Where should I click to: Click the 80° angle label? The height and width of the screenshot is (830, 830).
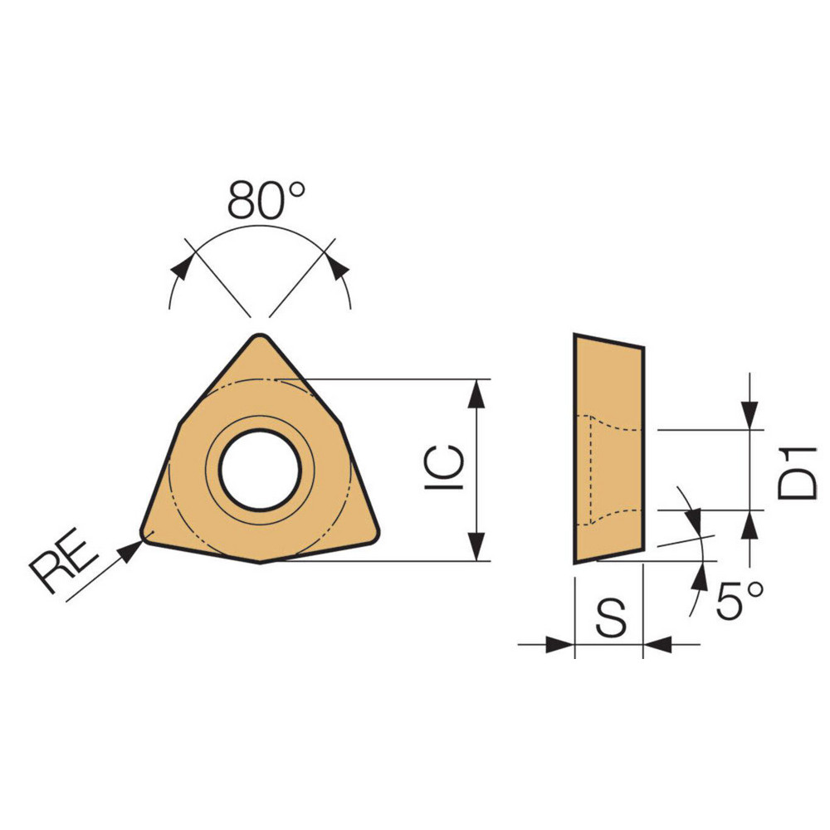(x=266, y=200)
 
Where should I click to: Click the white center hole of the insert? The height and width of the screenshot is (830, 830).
(x=260, y=470)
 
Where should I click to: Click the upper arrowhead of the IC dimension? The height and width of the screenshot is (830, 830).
(x=476, y=393)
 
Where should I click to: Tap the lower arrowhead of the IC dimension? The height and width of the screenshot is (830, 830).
(x=476, y=547)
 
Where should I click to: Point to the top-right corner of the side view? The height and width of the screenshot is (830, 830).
(x=643, y=347)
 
